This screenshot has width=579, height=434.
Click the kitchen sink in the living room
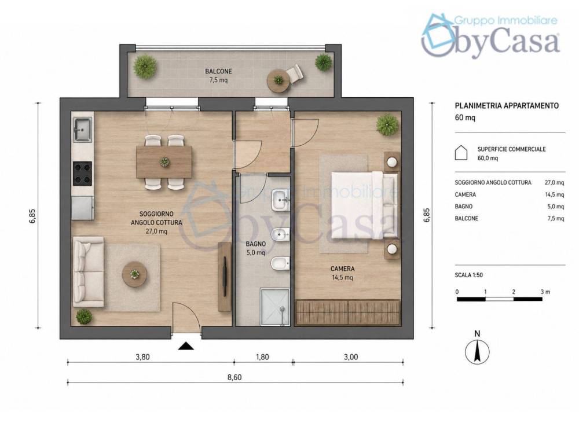(x=82, y=130)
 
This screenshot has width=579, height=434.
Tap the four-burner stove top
(x=82, y=174)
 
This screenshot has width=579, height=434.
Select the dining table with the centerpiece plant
(x=164, y=162)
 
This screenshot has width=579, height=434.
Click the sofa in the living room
(x=88, y=272)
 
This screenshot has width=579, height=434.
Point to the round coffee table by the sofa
(x=135, y=274)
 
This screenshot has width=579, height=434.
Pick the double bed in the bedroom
(x=364, y=204)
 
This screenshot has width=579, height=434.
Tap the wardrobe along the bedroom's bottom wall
(x=348, y=312)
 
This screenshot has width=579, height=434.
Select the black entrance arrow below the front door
(x=186, y=346)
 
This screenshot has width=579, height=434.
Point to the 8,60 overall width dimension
(x=234, y=377)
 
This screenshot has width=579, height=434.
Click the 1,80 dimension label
(x=262, y=357)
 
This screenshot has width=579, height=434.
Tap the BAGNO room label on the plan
(x=255, y=244)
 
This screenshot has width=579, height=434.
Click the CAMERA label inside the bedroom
(x=342, y=269)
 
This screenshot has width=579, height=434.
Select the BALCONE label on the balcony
(x=219, y=71)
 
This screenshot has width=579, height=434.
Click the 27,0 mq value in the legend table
(x=554, y=182)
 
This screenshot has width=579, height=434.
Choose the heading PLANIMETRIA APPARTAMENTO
(x=507, y=106)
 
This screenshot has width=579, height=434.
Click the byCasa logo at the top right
(x=491, y=36)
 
